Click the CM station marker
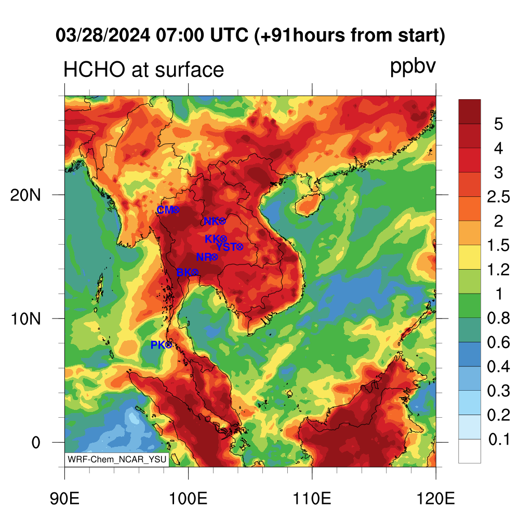click(x=176, y=210)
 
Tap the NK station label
click(x=211, y=221)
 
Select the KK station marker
click(x=223, y=239)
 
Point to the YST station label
click(x=226, y=247)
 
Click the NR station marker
click(x=214, y=257)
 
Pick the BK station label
click(x=184, y=272)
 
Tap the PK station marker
click(x=169, y=345)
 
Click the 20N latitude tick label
click(x=25, y=195)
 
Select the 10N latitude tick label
click(x=25, y=319)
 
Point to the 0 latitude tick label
click(x=36, y=443)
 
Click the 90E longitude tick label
click(x=64, y=499)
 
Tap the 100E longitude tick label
click(x=188, y=499)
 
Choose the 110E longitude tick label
click(x=312, y=499)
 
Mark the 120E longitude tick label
click(x=436, y=499)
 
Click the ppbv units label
click(x=413, y=67)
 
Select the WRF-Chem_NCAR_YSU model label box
click(x=117, y=459)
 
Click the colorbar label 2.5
click(x=498, y=197)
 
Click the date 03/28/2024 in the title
click(x=103, y=35)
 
